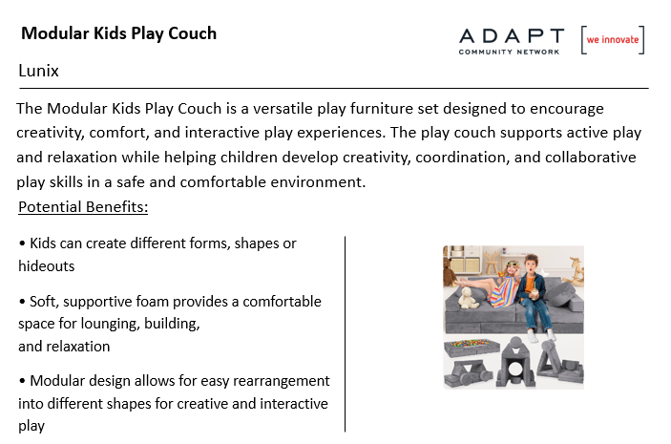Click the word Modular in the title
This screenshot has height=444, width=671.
coord(55,33)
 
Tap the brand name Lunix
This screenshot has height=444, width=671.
coord(38,71)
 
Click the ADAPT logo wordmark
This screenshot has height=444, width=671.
coord(512,36)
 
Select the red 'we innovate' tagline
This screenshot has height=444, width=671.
coord(613,40)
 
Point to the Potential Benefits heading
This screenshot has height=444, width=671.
coord(83,207)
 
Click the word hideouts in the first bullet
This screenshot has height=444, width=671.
coord(46,266)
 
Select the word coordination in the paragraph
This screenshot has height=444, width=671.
coord(462,158)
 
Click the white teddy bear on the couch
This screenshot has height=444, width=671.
coord(468,298)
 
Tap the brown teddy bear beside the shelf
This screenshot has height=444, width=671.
coord(449,271)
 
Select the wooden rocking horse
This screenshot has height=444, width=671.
coord(576,269)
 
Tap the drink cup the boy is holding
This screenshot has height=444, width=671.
coord(534,296)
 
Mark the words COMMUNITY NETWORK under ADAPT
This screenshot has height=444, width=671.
coord(509,52)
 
